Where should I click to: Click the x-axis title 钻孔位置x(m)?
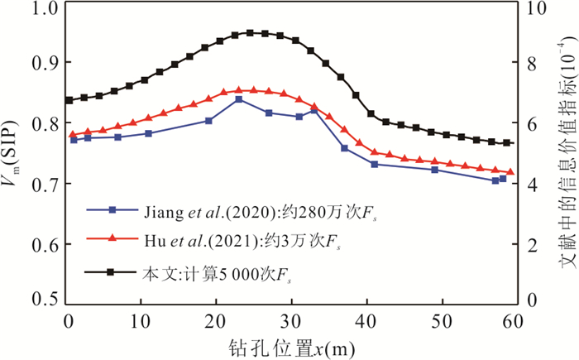pos(290,348)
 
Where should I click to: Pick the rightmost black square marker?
pos(507,142)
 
